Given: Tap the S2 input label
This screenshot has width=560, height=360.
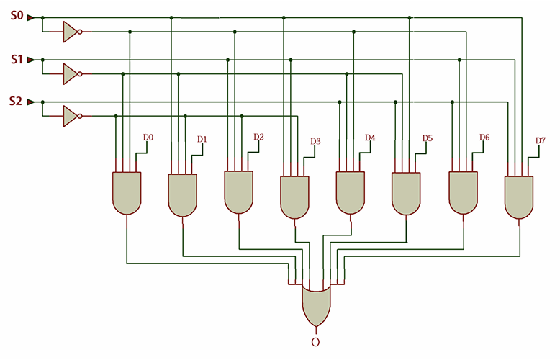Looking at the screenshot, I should [16, 102].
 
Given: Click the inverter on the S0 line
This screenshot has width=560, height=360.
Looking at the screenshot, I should [71, 31].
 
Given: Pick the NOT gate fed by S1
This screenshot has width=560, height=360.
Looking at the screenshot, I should [71, 73].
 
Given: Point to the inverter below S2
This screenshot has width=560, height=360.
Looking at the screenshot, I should [71, 116].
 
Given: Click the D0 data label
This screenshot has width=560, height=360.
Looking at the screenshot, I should [148, 137].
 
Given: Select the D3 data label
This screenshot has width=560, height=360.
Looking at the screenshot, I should [315, 141].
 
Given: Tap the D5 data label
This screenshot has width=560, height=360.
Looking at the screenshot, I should [427, 138].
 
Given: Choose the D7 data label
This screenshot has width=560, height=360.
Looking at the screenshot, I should [540, 140].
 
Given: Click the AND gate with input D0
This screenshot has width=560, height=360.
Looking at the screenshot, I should [127, 193].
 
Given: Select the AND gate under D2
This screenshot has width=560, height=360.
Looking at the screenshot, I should [238, 192].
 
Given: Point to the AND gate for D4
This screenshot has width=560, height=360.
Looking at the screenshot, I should [351, 193].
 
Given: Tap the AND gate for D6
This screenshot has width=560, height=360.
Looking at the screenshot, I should [463, 193].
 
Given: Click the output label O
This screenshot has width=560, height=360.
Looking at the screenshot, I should [315, 342].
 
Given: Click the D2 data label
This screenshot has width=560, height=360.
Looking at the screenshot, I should [259, 137].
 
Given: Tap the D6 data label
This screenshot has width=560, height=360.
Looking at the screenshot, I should [484, 137].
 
